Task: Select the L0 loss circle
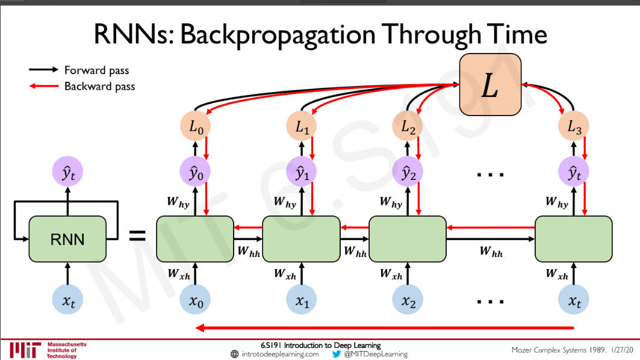pyautogui.click(x=196, y=127)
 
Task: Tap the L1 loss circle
pyautogui.click(x=302, y=127)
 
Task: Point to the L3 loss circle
pyautogui.click(x=573, y=127)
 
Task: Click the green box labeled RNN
pyautogui.click(x=67, y=239)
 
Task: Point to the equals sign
pyautogui.click(x=138, y=235)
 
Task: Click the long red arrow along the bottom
pyautogui.click(x=385, y=328)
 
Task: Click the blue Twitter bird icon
pyautogui.click(x=337, y=354)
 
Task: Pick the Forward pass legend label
pyautogui.click(x=96, y=70)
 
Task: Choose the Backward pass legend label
pyautogui.click(x=99, y=86)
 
